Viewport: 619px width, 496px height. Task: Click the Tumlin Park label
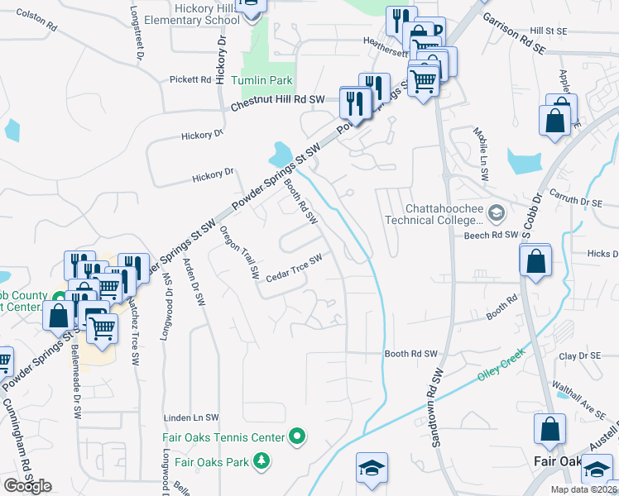point(263,81)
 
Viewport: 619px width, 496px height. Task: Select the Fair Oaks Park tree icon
point(262,460)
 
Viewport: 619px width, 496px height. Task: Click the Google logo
point(27,486)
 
